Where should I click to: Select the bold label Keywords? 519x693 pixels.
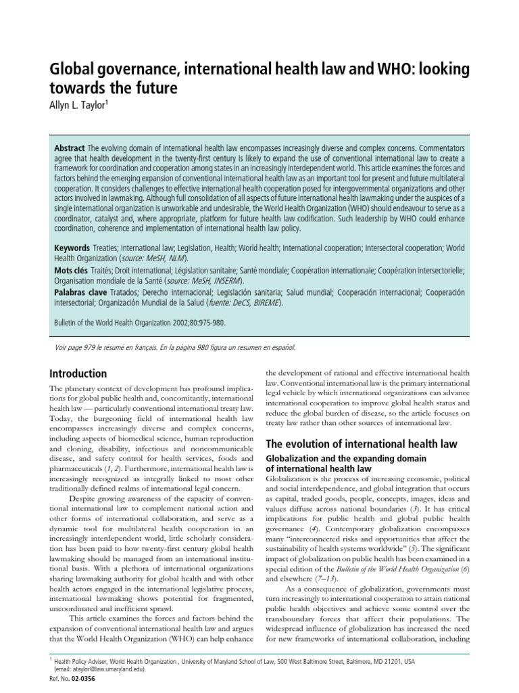click(x=72, y=248)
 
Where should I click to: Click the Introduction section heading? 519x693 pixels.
click(x=78, y=374)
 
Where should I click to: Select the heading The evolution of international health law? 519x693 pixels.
click(x=362, y=444)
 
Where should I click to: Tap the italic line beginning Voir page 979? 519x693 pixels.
click(x=174, y=347)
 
